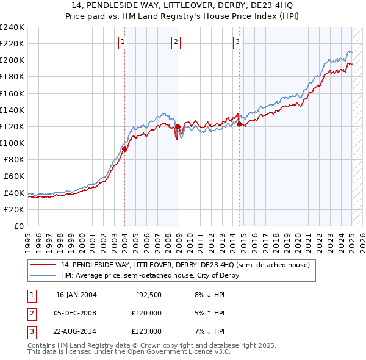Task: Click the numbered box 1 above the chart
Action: coord(123,42)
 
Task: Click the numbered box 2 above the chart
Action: coord(176,42)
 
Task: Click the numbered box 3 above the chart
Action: coord(237,42)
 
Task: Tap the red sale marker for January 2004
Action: coord(124,148)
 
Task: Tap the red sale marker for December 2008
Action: coord(178,126)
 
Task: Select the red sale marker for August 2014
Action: coord(239,124)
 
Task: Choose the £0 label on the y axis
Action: coord(18,226)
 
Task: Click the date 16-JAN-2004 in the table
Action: coord(76,294)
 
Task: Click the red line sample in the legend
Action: coord(43,265)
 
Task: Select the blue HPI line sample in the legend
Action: coord(43,275)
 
